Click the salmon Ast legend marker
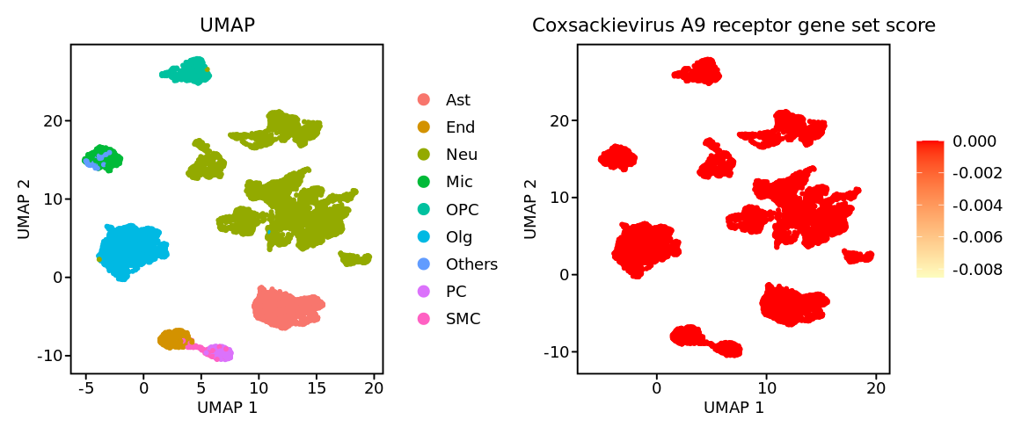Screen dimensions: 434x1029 pyautogui.click(x=424, y=100)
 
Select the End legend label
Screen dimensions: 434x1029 pyautogui.click(x=460, y=127)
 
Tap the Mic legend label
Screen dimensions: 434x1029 pyautogui.click(x=459, y=182)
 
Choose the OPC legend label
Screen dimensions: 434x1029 pyautogui.click(x=462, y=209)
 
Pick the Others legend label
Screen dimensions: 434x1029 pyautogui.click(x=471, y=264)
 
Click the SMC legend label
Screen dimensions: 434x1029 pyautogui.click(x=463, y=319)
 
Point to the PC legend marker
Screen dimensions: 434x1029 pyautogui.click(x=424, y=292)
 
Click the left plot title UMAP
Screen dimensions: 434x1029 pyautogui.click(x=227, y=25)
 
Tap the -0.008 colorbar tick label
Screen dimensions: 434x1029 pyautogui.click(x=977, y=270)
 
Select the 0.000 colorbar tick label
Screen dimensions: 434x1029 pyautogui.click(x=974, y=141)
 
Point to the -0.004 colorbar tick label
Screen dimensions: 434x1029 pyautogui.click(x=977, y=206)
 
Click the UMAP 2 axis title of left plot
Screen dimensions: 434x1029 pyautogui.click(x=24, y=209)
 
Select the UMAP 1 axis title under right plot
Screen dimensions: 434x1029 pyautogui.click(x=733, y=408)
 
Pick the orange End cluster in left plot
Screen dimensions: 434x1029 pyautogui.click(x=176, y=338)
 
